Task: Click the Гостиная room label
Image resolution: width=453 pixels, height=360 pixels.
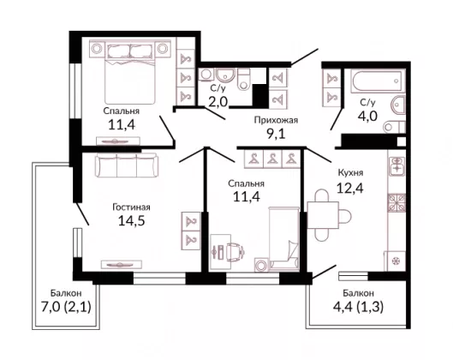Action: point(131,207)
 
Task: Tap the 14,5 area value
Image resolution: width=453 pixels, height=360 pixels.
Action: point(132,221)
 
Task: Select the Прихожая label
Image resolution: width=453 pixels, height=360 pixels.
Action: point(276,120)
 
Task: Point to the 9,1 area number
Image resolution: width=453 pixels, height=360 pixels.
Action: point(276,134)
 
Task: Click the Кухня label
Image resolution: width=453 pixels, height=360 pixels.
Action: point(351,173)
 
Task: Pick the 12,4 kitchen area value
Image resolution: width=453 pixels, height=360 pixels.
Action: point(350,188)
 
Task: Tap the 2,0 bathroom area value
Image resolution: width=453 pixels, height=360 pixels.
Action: point(218,102)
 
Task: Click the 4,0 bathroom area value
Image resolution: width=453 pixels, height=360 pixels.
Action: point(367,116)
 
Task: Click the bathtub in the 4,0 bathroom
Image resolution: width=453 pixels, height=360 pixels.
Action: point(377,81)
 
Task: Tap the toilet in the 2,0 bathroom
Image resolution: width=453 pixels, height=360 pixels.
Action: point(243,79)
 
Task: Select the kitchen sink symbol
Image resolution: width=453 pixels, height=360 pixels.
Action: point(396,166)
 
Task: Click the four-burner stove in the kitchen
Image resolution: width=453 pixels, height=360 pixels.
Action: point(396,202)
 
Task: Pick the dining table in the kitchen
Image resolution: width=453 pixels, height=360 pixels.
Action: point(323,215)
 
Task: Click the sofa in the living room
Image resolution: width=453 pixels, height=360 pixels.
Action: point(127,165)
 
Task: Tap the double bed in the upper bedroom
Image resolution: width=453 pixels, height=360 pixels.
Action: point(130,72)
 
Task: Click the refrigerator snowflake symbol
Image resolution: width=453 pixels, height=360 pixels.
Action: point(395,261)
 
